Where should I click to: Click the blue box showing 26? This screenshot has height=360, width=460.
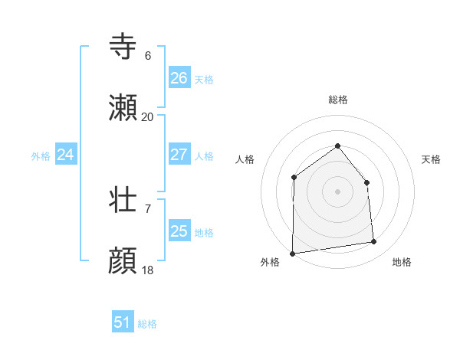pos(179,78)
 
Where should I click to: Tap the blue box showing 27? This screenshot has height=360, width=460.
pos(179,155)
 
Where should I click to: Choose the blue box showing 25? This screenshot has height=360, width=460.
pos(179,231)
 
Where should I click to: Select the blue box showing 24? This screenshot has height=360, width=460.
pos(65,155)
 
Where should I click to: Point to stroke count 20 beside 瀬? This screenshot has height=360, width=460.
pos(147,117)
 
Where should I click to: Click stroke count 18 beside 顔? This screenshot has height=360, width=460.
pos(147,270)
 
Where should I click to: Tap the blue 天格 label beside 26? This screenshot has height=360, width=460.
pos(203,79)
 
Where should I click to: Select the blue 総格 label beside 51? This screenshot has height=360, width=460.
pos(147,324)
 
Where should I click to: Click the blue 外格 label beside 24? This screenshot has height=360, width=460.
pos(41,155)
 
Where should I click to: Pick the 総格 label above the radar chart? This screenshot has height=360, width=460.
pos(337,100)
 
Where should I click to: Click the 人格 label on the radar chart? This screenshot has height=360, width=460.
pos(245,159)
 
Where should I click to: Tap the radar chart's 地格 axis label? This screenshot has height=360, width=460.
pos(402,262)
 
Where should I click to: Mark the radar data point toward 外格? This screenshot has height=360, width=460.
pos(292,254)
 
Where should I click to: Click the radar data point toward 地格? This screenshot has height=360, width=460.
pos(374,242)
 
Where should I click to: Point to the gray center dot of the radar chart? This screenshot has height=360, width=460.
pos(337,191)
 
